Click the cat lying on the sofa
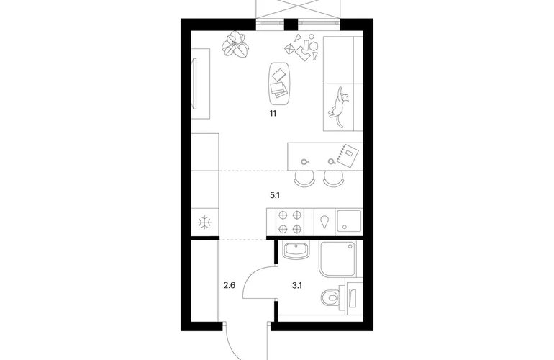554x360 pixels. [x=338, y=106]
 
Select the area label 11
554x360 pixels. [x=273, y=114]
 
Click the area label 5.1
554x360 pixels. [x=275, y=195]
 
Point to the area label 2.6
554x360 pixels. [x=230, y=285]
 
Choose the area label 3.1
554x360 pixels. [x=296, y=285]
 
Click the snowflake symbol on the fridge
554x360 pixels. [x=204, y=222]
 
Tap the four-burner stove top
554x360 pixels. [x=290, y=222]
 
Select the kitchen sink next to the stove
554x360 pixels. [x=349, y=221]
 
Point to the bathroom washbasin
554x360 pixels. [x=296, y=251]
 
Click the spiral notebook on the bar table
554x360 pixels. [x=348, y=154]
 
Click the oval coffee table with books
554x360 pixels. [x=279, y=84]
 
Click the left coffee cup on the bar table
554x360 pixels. [x=304, y=162]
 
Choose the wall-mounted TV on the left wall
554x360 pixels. [x=194, y=84]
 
